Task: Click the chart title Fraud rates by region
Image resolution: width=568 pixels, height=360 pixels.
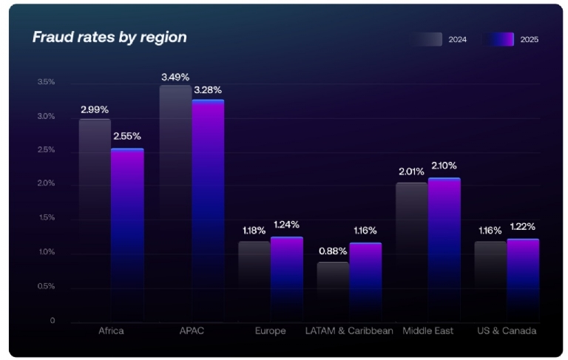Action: [x=109, y=37]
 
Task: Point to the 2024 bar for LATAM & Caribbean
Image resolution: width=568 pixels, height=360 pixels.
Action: [x=333, y=291]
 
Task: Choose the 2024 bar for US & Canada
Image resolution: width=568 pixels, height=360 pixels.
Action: [x=490, y=281]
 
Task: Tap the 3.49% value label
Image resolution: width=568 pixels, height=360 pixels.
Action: [x=175, y=77]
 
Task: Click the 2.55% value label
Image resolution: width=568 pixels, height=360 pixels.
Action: [x=126, y=136]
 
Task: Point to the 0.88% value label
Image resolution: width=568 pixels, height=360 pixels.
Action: [x=333, y=251]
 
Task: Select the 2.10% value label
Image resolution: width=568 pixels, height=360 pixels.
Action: [x=444, y=166]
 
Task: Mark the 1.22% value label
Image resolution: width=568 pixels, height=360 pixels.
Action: [x=522, y=226]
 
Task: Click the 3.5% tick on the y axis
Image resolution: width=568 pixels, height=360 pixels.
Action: [x=47, y=82]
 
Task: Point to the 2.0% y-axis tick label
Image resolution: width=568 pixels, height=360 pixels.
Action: [x=47, y=183]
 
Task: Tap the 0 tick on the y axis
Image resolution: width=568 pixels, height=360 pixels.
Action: [x=53, y=321]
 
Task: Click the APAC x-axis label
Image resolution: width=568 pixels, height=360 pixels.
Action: [x=191, y=331]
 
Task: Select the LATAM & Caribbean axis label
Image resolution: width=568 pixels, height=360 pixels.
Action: [x=349, y=331]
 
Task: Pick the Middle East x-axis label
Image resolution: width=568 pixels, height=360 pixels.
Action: [x=427, y=331]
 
